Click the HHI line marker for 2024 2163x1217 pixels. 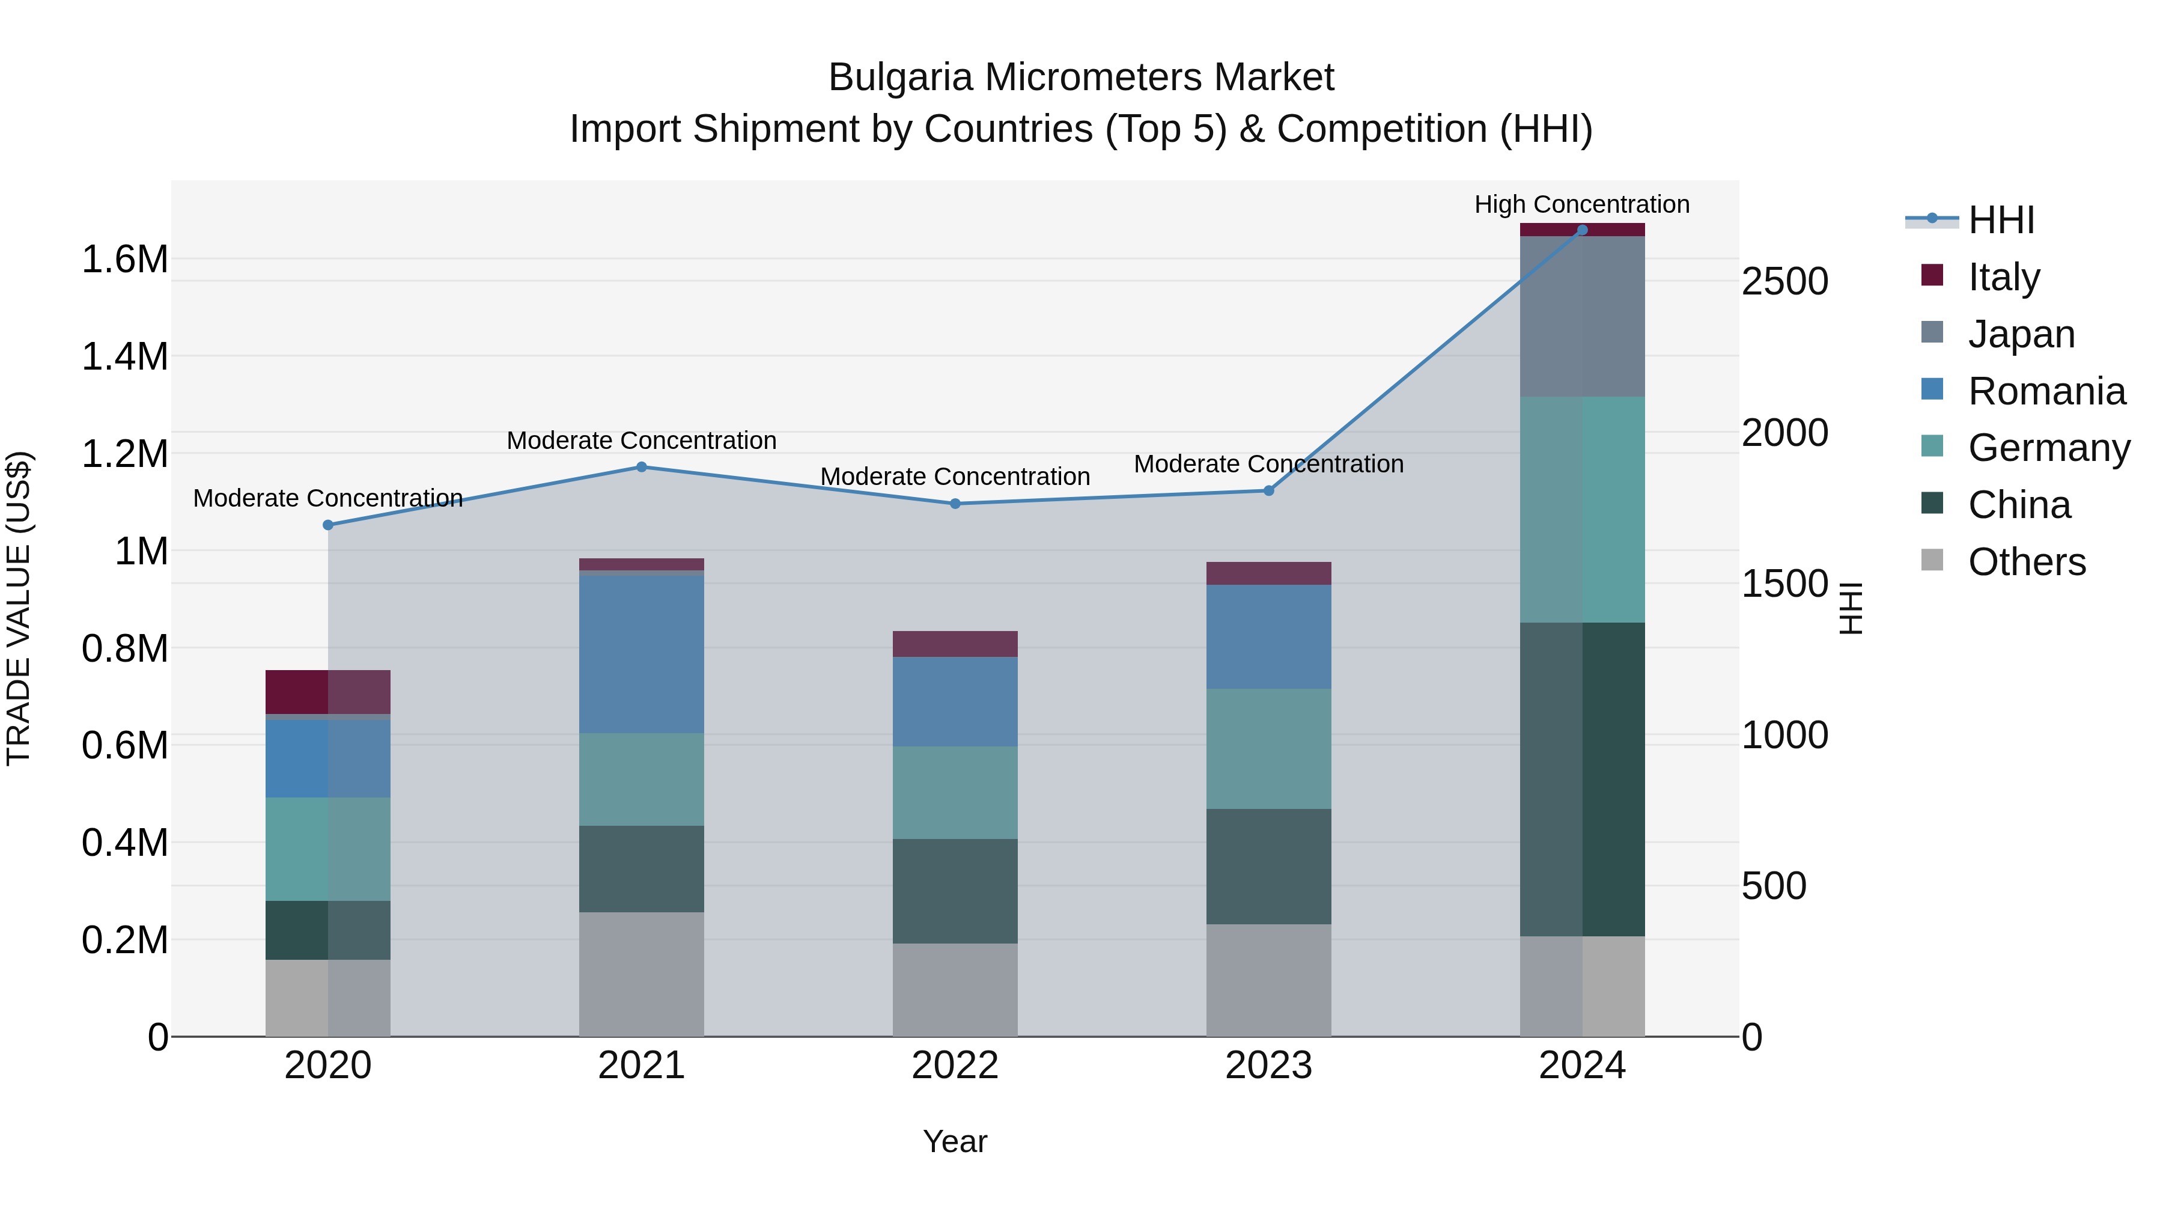(1582, 230)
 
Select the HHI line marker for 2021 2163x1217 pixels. (642, 467)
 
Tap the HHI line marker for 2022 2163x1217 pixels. (955, 504)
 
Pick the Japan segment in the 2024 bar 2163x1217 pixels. (1582, 317)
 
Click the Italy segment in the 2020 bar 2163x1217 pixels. (327, 692)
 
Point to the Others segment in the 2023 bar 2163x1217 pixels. (1269, 980)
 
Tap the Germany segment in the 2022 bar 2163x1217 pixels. (955, 792)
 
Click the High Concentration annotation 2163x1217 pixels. (1582, 204)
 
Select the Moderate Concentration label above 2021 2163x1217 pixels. (642, 440)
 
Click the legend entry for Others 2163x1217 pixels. (2025, 562)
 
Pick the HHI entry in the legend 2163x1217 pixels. (2000, 220)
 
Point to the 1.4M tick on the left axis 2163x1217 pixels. (124, 356)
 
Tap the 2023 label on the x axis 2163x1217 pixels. (1269, 1066)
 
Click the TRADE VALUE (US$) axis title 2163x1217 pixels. (19, 608)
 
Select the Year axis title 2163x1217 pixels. (955, 1141)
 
